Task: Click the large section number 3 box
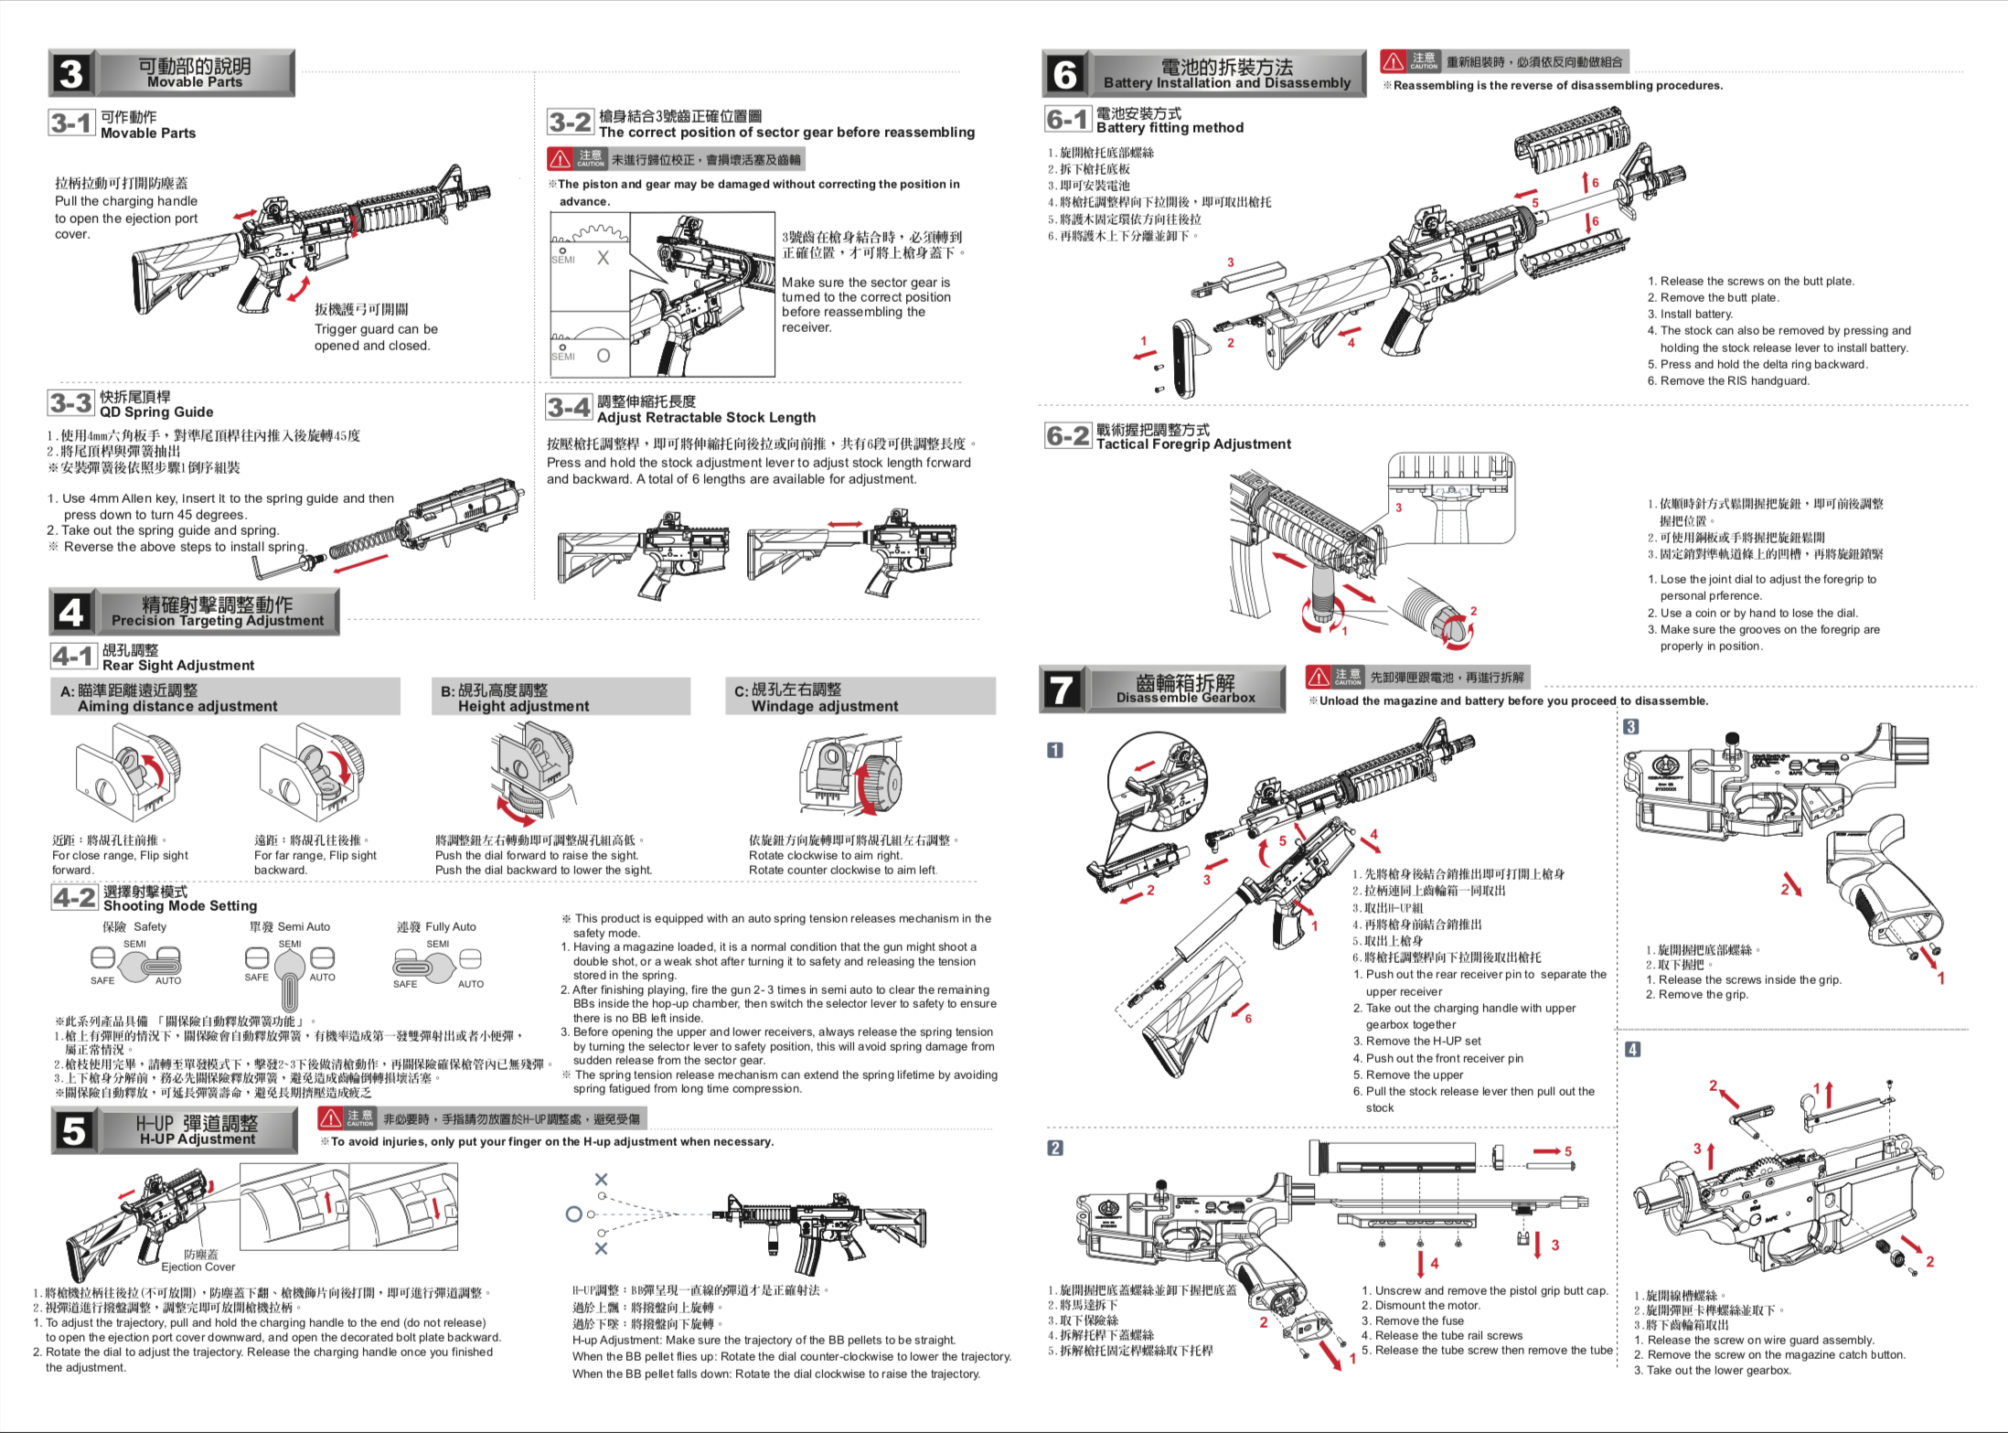[71, 74]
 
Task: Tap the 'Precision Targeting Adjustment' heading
[218, 620]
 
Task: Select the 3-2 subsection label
[571, 123]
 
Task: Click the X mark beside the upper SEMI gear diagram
[603, 258]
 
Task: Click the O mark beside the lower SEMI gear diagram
[603, 356]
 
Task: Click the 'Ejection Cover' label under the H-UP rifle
[198, 1267]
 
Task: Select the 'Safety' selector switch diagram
[135, 962]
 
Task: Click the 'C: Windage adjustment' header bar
[860, 697]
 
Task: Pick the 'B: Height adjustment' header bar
[560, 697]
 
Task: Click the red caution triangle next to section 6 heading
[1393, 62]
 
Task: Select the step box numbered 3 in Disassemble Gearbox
[1630, 727]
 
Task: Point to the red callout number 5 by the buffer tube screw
[1567, 1151]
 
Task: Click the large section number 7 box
[1062, 689]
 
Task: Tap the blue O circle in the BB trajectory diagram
[573, 1214]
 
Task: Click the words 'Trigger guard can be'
[376, 329]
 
